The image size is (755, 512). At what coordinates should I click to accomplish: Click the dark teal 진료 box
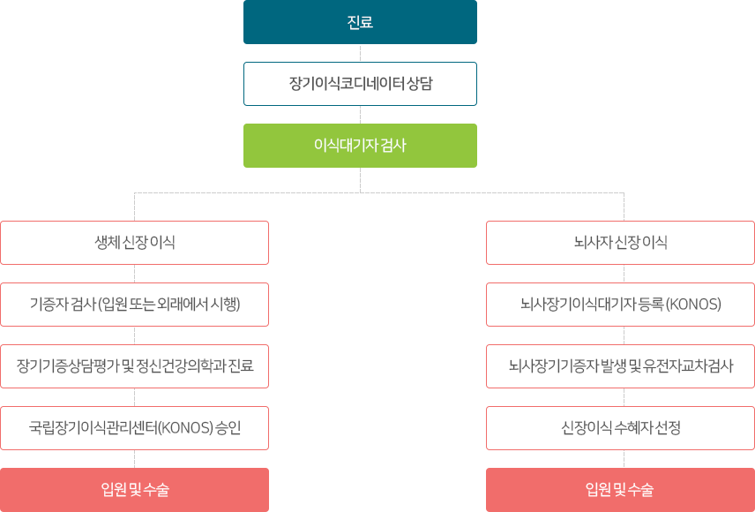tap(360, 22)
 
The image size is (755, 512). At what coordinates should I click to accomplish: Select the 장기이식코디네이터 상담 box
tap(360, 84)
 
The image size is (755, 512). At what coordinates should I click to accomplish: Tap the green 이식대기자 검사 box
tap(360, 145)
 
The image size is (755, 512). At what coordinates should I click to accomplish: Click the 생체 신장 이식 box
tap(134, 243)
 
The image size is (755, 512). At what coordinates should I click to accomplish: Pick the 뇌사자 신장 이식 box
tap(620, 243)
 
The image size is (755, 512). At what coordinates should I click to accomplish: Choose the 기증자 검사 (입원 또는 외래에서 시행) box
tap(134, 305)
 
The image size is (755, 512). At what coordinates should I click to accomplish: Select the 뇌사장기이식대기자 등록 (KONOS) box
tap(620, 305)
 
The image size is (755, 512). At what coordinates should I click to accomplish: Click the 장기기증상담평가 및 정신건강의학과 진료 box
tap(134, 365)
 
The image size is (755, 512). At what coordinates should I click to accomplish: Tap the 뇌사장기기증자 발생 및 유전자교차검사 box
tap(620, 365)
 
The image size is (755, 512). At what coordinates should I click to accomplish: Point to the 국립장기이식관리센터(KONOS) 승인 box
tap(134, 428)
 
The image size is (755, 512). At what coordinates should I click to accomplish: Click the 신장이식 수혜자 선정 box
tap(620, 428)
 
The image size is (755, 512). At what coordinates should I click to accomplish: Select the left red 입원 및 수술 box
tap(134, 489)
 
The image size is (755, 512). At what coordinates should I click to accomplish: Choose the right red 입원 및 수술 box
tap(620, 489)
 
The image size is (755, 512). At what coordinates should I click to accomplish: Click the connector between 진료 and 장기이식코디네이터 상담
tap(360, 53)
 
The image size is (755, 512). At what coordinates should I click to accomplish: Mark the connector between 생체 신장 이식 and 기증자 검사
tap(134, 274)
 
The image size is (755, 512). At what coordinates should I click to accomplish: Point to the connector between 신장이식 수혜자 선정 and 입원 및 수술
tap(624, 458)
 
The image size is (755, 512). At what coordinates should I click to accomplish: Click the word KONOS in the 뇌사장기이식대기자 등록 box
tap(693, 305)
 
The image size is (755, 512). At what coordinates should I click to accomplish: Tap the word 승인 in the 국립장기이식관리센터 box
tap(228, 428)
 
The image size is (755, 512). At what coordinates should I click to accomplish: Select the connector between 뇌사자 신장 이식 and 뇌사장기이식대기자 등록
tap(624, 274)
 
